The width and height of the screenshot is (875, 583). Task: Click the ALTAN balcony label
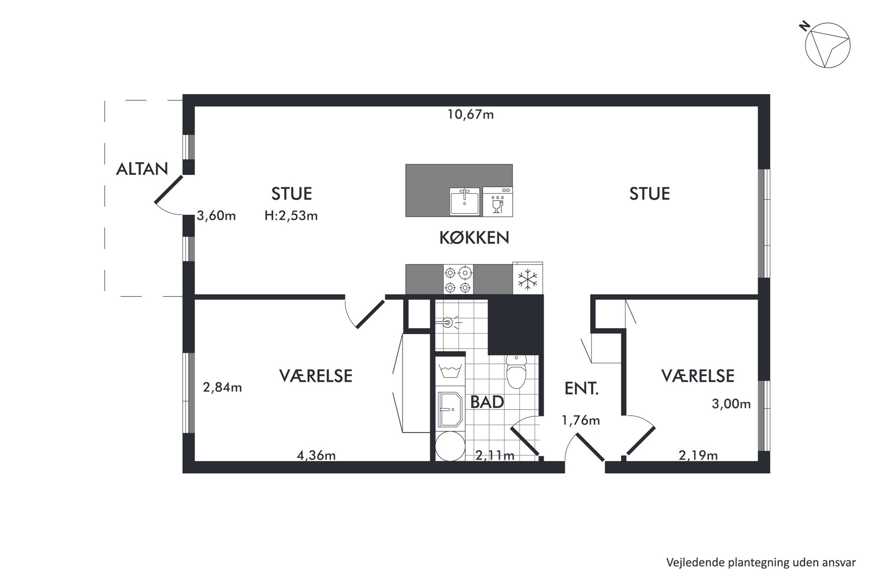pyautogui.click(x=142, y=169)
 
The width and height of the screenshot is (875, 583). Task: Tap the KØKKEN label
pyautogui.click(x=474, y=238)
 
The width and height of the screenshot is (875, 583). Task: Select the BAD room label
pyautogui.click(x=487, y=402)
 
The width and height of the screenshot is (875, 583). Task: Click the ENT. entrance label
pyautogui.click(x=581, y=388)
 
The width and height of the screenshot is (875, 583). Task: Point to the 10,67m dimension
pyautogui.click(x=471, y=115)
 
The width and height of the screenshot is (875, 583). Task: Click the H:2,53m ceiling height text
pyautogui.click(x=291, y=215)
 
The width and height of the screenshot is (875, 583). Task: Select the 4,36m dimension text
pyautogui.click(x=316, y=455)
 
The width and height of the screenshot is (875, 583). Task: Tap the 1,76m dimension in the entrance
pyautogui.click(x=580, y=420)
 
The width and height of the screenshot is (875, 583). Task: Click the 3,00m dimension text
pyautogui.click(x=731, y=404)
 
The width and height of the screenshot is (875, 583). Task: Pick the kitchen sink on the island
pyautogui.click(x=464, y=201)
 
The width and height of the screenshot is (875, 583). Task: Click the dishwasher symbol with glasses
pyautogui.click(x=497, y=201)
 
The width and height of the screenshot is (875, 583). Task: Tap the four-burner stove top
pyautogui.click(x=458, y=279)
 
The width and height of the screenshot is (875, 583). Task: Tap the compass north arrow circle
pyautogui.click(x=827, y=46)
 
